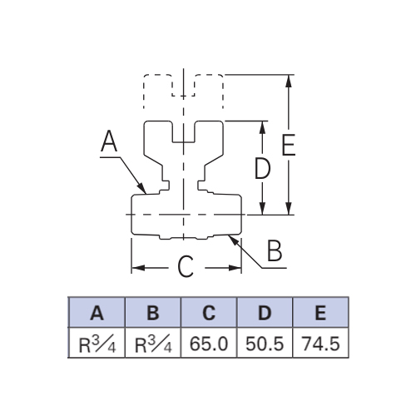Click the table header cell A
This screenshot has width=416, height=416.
tap(97, 313)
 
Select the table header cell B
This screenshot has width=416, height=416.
tap(153, 313)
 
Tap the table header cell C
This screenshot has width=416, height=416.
tap(209, 313)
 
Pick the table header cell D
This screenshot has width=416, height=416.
tap(265, 313)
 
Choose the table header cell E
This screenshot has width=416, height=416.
tap(320, 313)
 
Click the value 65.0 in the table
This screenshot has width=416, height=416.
tap(209, 344)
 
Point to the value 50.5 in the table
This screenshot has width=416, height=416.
tap(265, 344)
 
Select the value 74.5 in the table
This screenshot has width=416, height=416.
tap(321, 344)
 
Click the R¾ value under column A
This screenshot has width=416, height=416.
tap(97, 344)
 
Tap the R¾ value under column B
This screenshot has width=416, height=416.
tap(153, 344)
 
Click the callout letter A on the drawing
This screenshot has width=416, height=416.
tap(109, 141)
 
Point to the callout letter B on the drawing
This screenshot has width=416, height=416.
tap(275, 250)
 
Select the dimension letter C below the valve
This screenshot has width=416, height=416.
tap(186, 266)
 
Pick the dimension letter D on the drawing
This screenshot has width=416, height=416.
tap(262, 168)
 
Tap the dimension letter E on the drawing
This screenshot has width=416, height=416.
tap(289, 145)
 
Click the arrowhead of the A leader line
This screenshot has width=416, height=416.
tap(142, 188)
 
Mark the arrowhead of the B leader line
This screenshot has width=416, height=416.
tap(233, 240)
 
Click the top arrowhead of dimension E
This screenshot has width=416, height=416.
tap(289, 81)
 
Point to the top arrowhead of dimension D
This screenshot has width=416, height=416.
tap(262, 127)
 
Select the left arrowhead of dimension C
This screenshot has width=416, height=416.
tap(138, 268)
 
